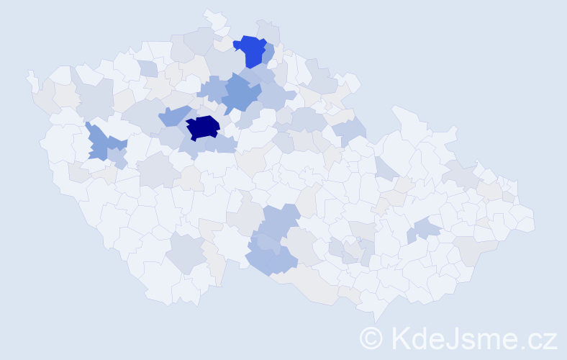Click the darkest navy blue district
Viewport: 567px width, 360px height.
click(203, 127)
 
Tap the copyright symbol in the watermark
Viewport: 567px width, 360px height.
click(371, 338)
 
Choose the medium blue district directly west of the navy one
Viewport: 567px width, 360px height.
click(173, 116)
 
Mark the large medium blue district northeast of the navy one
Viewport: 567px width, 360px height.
click(240, 94)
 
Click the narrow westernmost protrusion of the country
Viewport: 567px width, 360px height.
click(31, 79)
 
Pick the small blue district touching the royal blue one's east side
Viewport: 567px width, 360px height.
click(269, 53)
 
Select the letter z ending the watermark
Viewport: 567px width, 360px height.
click(550, 341)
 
